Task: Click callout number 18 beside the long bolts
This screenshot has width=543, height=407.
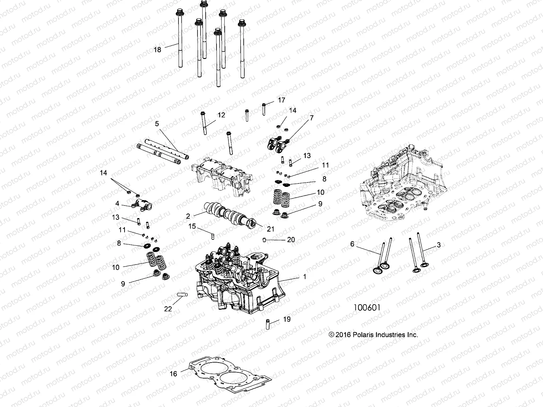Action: (x=157, y=50)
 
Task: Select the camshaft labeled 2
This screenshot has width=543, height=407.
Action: (x=231, y=216)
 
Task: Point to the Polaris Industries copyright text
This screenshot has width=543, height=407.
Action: (x=373, y=335)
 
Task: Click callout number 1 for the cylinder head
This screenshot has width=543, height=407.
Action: (x=304, y=277)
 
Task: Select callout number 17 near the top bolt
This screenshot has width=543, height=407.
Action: (x=281, y=100)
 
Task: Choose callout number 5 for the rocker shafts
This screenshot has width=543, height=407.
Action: (x=157, y=124)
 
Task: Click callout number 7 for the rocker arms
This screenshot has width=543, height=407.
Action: (x=312, y=118)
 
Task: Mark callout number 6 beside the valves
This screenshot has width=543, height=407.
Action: (x=352, y=244)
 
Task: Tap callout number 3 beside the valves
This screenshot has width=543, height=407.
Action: (x=438, y=245)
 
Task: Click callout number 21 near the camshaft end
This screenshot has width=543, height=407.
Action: (x=270, y=229)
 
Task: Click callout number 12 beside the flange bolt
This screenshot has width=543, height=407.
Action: (x=221, y=115)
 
